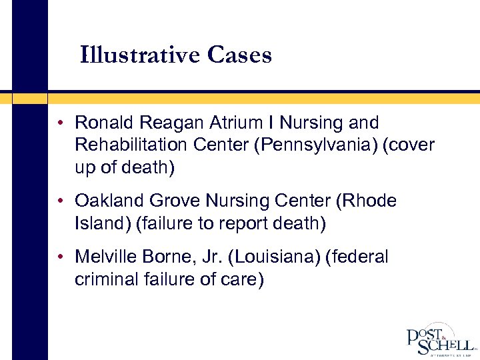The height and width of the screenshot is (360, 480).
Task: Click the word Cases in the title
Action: click(x=239, y=55)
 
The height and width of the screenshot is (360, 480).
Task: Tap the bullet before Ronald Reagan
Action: click(x=61, y=123)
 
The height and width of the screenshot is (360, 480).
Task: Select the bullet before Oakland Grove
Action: click(x=61, y=201)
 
